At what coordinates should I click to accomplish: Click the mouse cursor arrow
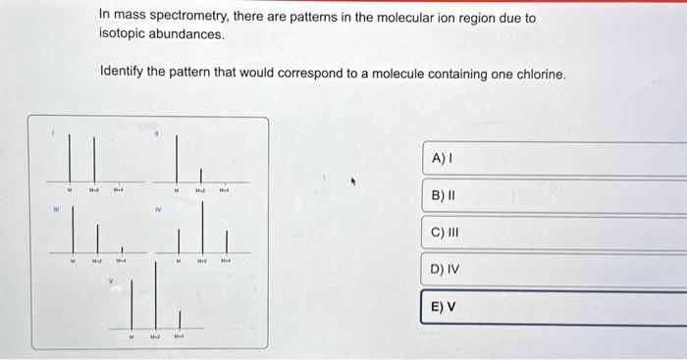point(357,181)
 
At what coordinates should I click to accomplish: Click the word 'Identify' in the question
point(124,75)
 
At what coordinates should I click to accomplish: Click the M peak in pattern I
point(71,157)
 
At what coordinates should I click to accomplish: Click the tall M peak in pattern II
point(177,154)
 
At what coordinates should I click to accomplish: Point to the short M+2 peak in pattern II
point(201,174)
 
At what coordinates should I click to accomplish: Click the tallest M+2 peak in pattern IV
point(203,231)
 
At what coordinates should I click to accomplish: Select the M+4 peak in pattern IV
point(227,240)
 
